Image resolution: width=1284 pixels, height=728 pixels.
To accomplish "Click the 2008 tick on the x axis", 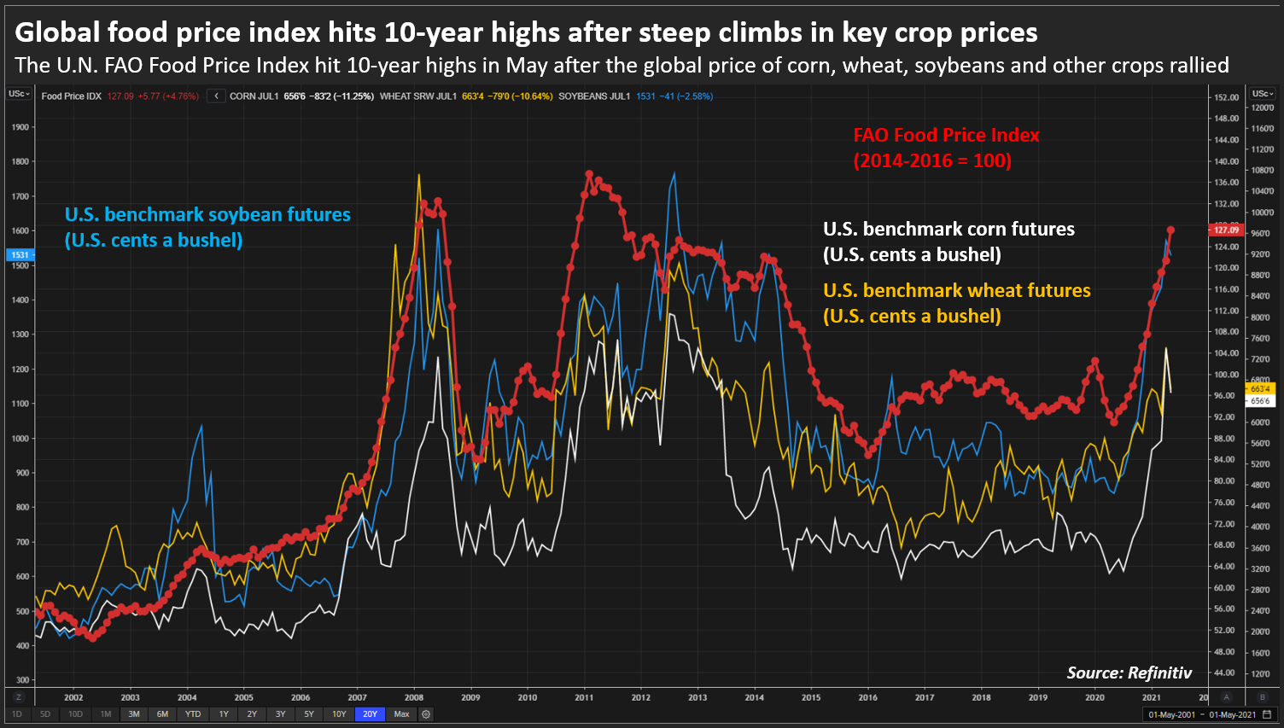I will click(x=414, y=697).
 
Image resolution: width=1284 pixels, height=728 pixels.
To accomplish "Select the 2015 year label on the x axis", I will click(x=811, y=697).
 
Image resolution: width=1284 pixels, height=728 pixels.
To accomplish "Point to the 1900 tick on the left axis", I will click(x=20, y=127).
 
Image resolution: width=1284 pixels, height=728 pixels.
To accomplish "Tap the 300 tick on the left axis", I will click(x=22, y=680).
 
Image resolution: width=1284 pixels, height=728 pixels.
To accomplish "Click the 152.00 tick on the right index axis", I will click(x=1226, y=98).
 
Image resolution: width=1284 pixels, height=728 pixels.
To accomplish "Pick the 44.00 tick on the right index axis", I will click(x=1224, y=673).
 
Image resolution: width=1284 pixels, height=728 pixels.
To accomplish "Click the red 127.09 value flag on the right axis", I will click(x=1226, y=230).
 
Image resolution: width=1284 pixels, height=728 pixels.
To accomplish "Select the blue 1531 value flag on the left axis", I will click(x=20, y=254).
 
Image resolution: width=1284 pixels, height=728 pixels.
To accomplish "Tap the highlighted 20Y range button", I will click(x=370, y=713).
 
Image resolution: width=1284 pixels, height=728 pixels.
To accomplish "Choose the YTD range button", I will click(x=193, y=713).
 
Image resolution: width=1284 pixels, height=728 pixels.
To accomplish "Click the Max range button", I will click(x=401, y=713).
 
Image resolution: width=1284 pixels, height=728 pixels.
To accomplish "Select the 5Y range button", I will click(x=308, y=713).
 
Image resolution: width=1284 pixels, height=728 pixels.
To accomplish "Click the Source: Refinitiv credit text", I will click(x=1129, y=673).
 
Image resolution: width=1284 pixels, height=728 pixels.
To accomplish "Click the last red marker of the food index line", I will click(x=1170, y=230).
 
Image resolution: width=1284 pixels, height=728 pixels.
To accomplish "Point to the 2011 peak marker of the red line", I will click(x=589, y=174).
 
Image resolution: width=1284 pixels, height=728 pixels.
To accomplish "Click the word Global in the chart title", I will click(x=54, y=32).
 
